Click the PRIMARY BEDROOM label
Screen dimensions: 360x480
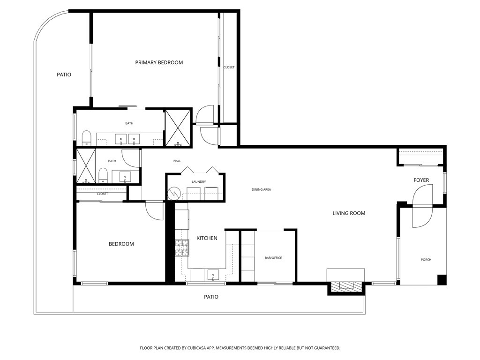(159, 62)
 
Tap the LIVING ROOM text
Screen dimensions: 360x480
(349, 213)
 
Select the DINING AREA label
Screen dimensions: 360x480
(261, 189)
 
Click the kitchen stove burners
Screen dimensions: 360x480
(181, 248)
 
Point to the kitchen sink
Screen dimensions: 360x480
(213, 275)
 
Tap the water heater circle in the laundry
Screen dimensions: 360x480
(174, 193)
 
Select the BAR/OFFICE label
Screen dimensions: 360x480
(273, 258)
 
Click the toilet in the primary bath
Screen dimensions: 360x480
(86, 138)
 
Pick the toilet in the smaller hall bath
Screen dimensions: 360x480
(103, 176)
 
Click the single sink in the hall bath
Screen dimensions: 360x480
(125, 177)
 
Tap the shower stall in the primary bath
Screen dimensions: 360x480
(178, 127)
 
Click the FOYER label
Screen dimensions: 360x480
(421, 180)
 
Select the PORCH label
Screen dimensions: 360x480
(426, 260)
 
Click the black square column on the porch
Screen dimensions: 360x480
(442, 279)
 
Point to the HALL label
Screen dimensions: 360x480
(177, 161)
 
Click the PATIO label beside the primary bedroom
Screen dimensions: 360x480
(64, 74)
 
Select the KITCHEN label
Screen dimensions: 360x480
(207, 238)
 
